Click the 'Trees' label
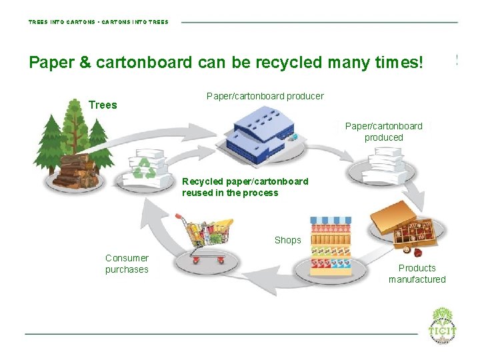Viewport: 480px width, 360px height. pos(103,105)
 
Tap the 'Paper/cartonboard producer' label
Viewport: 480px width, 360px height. pos(265,96)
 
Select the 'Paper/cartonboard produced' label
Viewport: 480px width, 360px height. pos(383,131)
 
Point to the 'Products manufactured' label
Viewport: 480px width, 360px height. pos(417,273)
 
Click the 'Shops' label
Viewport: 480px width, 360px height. pos(287,240)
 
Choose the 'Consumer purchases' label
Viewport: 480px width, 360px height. pos(127,263)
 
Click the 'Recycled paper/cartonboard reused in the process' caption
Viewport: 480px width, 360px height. pos(245,187)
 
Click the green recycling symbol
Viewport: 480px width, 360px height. pos(143,167)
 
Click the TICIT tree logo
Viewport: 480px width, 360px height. pos(443,323)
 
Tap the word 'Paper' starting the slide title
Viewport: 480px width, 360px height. pos(51,63)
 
